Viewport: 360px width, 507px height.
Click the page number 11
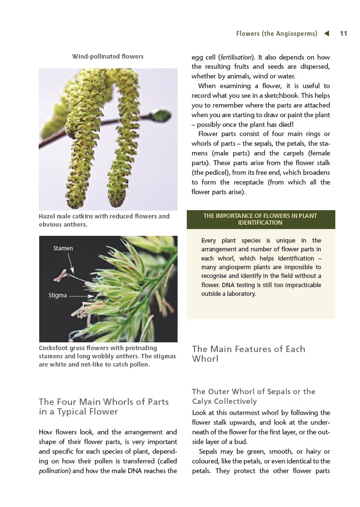[x=344, y=34]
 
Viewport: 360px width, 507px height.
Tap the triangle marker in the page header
[x=327, y=33]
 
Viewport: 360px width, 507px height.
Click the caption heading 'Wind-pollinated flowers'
[x=108, y=57]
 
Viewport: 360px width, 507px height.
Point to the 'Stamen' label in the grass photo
[x=63, y=248]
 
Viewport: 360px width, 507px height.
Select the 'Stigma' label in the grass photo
[x=58, y=295]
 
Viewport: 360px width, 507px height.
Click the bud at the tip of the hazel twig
[x=162, y=116]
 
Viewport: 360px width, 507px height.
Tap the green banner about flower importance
[x=260, y=219]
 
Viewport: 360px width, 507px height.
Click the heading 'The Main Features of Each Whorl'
[x=248, y=354]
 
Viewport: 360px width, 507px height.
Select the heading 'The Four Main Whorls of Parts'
[x=104, y=406]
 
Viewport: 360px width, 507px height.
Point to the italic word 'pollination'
[x=55, y=471]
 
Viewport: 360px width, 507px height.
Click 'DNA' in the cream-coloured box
[x=238, y=285]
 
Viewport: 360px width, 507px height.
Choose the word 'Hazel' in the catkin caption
[x=47, y=216]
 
